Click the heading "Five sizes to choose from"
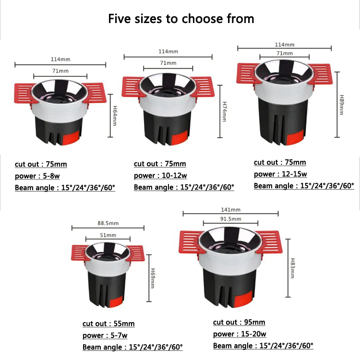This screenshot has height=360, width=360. point(181,19)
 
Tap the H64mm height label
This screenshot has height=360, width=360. point(115,116)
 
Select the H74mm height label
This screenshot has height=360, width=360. point(225,111)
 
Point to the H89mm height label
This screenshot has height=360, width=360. point(342,105)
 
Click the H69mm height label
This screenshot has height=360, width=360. point(153,278)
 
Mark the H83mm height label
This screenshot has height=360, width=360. point(292,268)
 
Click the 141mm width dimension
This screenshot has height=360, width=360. point(231,210)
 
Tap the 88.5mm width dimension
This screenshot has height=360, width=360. point(108,223)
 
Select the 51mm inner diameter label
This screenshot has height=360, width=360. point(108,235)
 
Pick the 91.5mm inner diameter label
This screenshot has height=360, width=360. point(231,219)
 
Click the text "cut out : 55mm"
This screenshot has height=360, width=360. point(108,324)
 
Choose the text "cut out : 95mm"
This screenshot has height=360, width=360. point(239,322)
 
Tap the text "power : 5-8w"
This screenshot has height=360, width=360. point(37,176)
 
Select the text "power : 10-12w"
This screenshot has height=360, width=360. point(160,176)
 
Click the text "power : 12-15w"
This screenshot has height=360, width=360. point(280,174)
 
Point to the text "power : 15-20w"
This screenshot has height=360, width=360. point(240,334)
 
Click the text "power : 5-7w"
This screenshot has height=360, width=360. point(105,336)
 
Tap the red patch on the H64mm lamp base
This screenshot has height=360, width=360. point(71,138)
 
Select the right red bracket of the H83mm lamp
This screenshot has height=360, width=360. point(269,242)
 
